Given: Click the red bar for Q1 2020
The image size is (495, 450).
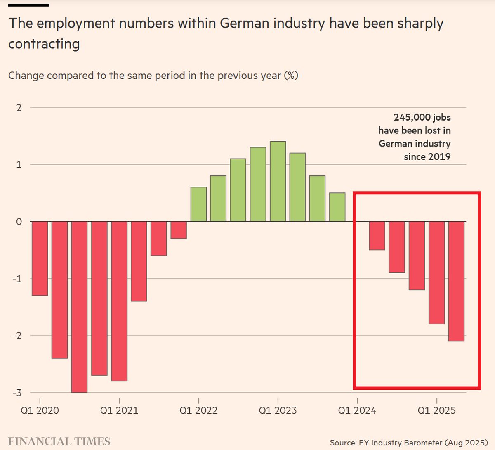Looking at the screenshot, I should click(x=40, y=258).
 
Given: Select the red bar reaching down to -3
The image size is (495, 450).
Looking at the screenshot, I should click(x=80, y=306).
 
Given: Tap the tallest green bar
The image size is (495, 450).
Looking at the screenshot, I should click(x=278, y=182).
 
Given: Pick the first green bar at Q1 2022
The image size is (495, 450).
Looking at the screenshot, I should click(x=198, y=204).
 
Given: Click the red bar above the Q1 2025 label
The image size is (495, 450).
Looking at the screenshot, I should click(x=437, y=272).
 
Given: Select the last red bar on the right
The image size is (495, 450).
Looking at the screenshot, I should click(x=457, y=281).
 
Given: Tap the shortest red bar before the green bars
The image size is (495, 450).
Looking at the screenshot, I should click(x=179, y=230).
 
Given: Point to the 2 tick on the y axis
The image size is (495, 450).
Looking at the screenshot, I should click(x=19, y=108).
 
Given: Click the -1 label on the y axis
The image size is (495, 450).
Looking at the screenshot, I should click(x=17, y=279).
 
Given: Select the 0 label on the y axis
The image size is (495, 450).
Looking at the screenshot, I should click(x=19, y=222).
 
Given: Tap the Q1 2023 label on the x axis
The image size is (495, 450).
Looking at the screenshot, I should click(x=278, y=410).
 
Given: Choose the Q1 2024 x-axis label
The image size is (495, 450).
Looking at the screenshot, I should click(x=357, y=410).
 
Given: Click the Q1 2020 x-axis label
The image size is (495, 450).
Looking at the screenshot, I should click(x=40, y=410).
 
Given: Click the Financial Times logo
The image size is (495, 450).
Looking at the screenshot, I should click(x=59, y=441).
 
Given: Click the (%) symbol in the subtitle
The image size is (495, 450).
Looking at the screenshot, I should click(x=291, y=76).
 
